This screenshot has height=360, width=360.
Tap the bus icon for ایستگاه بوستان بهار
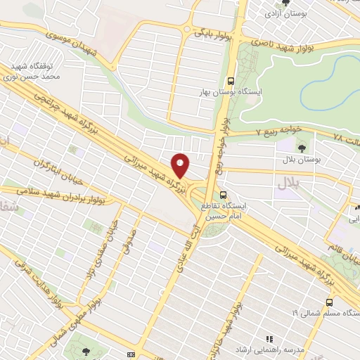pyautogui.click(x=231, y=81)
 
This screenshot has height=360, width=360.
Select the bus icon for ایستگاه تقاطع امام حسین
pyautogui.click(x=223, y=195)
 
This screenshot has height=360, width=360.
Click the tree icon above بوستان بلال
pyautogui.click(x=302, y=148)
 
